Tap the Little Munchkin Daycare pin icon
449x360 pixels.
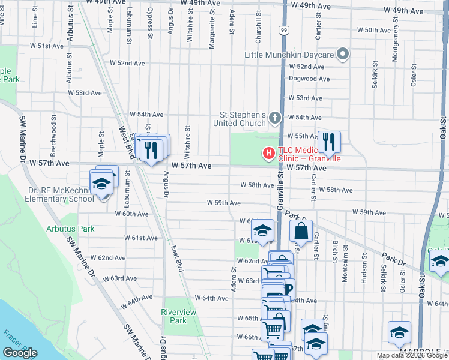[343, 55]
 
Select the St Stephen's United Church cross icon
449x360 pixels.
[275, 118]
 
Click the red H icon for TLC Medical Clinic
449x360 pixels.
[268, 154]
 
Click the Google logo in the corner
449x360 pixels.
[20, 353]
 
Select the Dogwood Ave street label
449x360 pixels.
[309, 79]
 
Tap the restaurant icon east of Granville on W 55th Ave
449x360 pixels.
[328, 142]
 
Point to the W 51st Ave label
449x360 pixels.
[42, 46]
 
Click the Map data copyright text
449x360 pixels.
[412, 355]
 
